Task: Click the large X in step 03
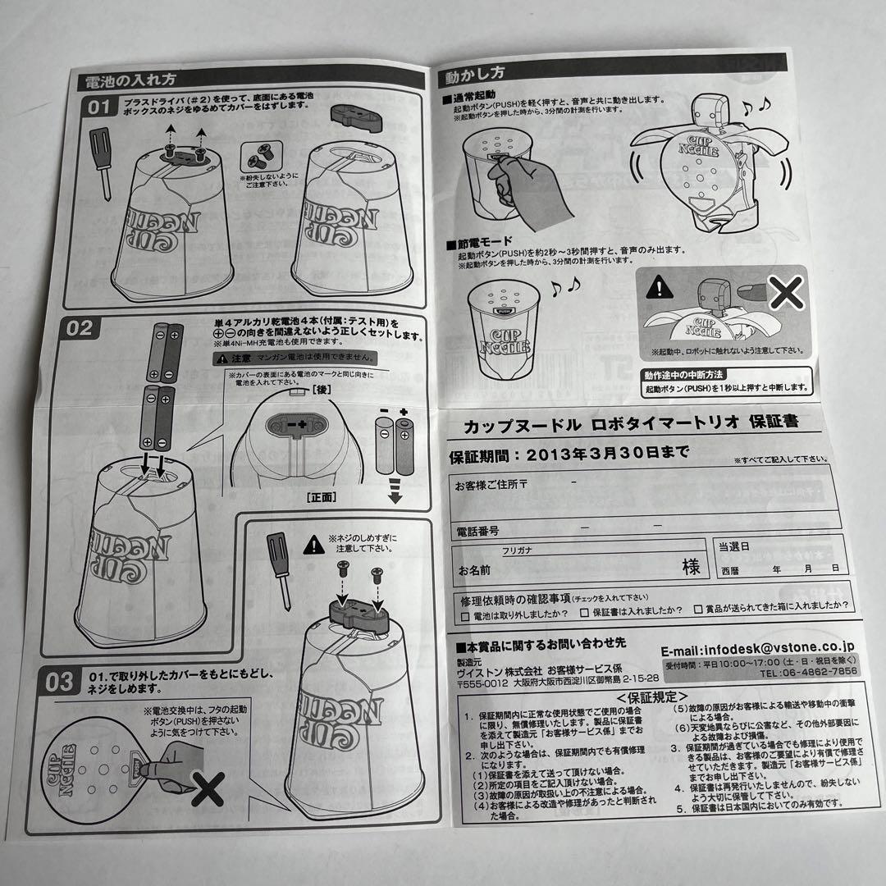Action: (x=208, y=791)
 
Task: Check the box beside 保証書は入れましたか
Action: (x=584, y=611)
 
